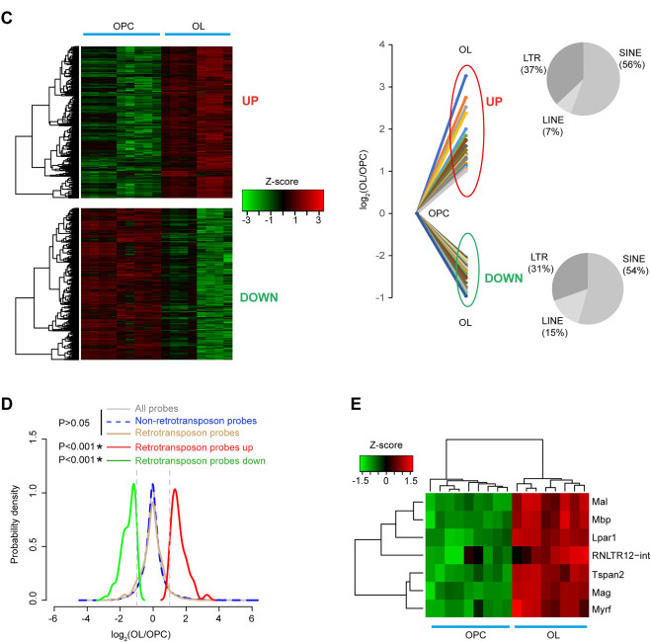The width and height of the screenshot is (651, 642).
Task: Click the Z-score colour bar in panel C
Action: pos(282,201)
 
